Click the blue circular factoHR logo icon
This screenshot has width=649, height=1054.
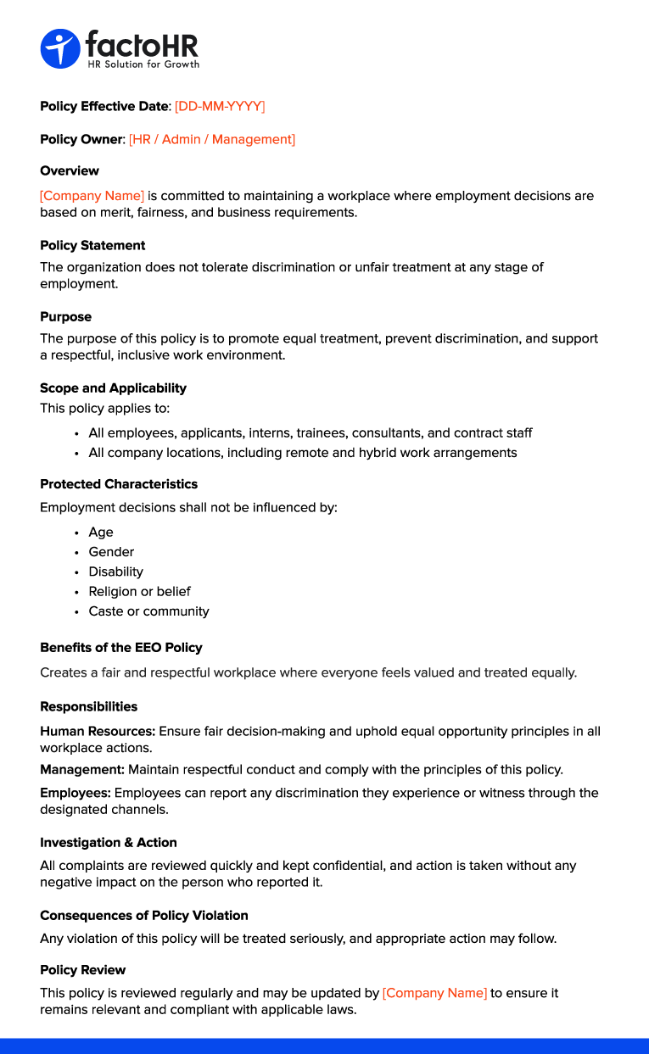(x=59, y=48)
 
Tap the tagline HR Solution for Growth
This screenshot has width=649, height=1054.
(x=143, y=64)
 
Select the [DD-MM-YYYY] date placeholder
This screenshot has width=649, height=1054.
(x=220, y=106)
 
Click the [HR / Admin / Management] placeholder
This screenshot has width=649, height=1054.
(x=212, y=139)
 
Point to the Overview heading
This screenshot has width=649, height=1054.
(x=70, y=170)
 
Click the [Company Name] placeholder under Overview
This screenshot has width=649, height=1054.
(x=92, y=196)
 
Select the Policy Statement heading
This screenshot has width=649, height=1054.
(x=92, y=245)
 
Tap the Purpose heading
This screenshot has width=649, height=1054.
(x=65, y=316)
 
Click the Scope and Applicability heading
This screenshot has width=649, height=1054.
(x=113, y=388)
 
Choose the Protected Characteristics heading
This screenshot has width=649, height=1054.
(x=119, y=484)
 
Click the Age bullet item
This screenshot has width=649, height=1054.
(x=101, y=533)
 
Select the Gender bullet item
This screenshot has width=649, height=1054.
(x=111, y=552)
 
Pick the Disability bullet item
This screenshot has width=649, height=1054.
(x=115, y=572)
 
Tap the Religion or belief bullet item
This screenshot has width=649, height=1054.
(x=139, y=591)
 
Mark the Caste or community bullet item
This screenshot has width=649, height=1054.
(x=148, y=611)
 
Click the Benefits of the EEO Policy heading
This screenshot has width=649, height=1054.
(x=121, y=647)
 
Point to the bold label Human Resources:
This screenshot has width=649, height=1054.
(x=98, y=731)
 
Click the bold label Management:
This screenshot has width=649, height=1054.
(x=82, y=770)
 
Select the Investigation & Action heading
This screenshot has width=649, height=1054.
(x=109, y=842)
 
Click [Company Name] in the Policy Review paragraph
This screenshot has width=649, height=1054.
(x=434, y=993)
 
